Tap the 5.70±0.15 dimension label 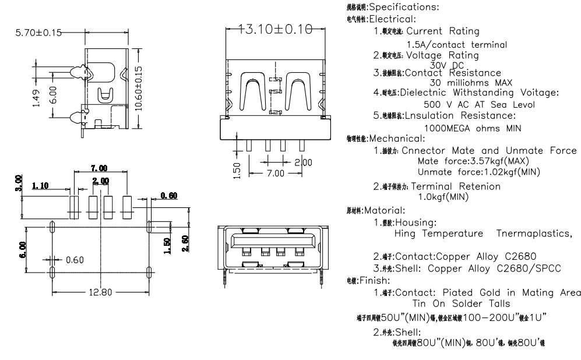pyautogui.click(x=38, y=33)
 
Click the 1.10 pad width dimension pyautogui.click(x=41, y=185)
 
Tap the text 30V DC pyautogui.click(x=445, y=65)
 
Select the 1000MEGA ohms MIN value pyautogui.click(x=470, y=128)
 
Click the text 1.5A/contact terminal pyautogui.click(x=456, y=45)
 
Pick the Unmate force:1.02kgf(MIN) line pyautogui.click(x=478, y=172)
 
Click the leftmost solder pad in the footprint pyautogui.click(x=73, y=207)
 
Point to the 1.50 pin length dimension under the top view pyautogui.click(x=237, y=170)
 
